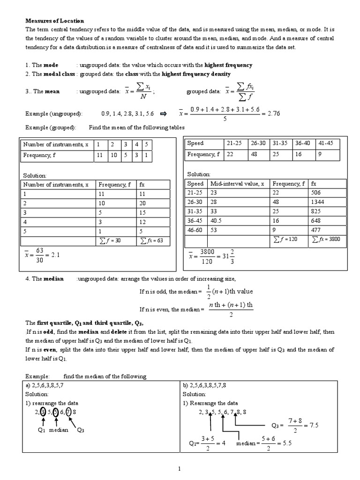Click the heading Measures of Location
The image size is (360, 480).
coord(54,21)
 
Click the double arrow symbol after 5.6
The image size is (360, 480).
coord(164,114)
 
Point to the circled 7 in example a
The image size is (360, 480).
coord(68,412)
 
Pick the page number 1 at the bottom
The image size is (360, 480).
coord(180,469)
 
